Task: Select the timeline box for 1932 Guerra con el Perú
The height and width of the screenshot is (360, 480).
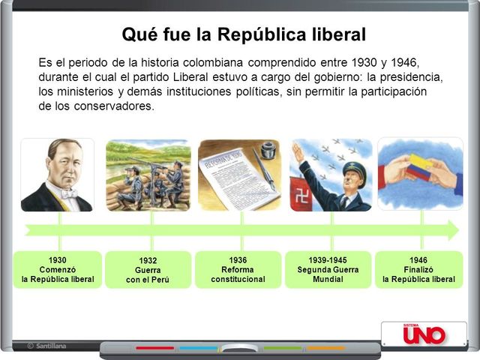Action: (x=148, y=270)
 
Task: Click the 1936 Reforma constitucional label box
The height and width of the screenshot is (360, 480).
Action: (x=238, y=269)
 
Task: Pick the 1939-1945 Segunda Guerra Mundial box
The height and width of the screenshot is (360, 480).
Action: (x=328, y=269)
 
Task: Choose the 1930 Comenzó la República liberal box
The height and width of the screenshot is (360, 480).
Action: (x=58, y=269)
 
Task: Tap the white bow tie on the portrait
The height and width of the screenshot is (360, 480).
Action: (x=69, y=193)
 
